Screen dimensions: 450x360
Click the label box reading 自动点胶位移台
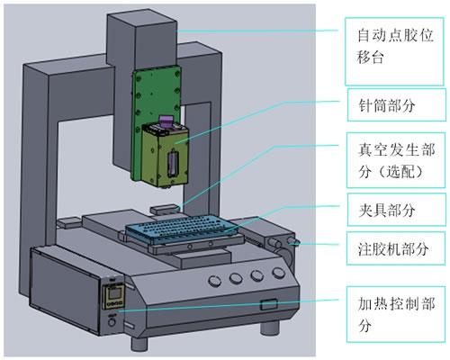click(394, 51)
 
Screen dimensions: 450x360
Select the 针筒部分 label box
click(397, 104)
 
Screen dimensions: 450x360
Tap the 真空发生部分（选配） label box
click(396, 160)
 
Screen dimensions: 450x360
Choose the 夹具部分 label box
click(397, 210)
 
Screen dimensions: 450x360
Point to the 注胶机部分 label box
click(396, 248)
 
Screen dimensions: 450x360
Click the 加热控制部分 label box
click(396, 314)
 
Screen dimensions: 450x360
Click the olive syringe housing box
click(165, 155)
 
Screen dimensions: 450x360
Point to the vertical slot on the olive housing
click(173, 165)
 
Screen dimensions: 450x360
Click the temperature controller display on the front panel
click(113, 296)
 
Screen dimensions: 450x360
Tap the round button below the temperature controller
click(112, 322)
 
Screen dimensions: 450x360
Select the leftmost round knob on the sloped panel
click(215, 280)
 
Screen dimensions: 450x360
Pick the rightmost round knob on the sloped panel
click(278, 273)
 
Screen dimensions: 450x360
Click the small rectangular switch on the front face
click(269, 304)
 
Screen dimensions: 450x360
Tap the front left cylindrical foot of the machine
click(139, 344)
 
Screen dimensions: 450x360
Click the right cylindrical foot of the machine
click(270, 328)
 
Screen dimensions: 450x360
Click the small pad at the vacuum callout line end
click(165, 209)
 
